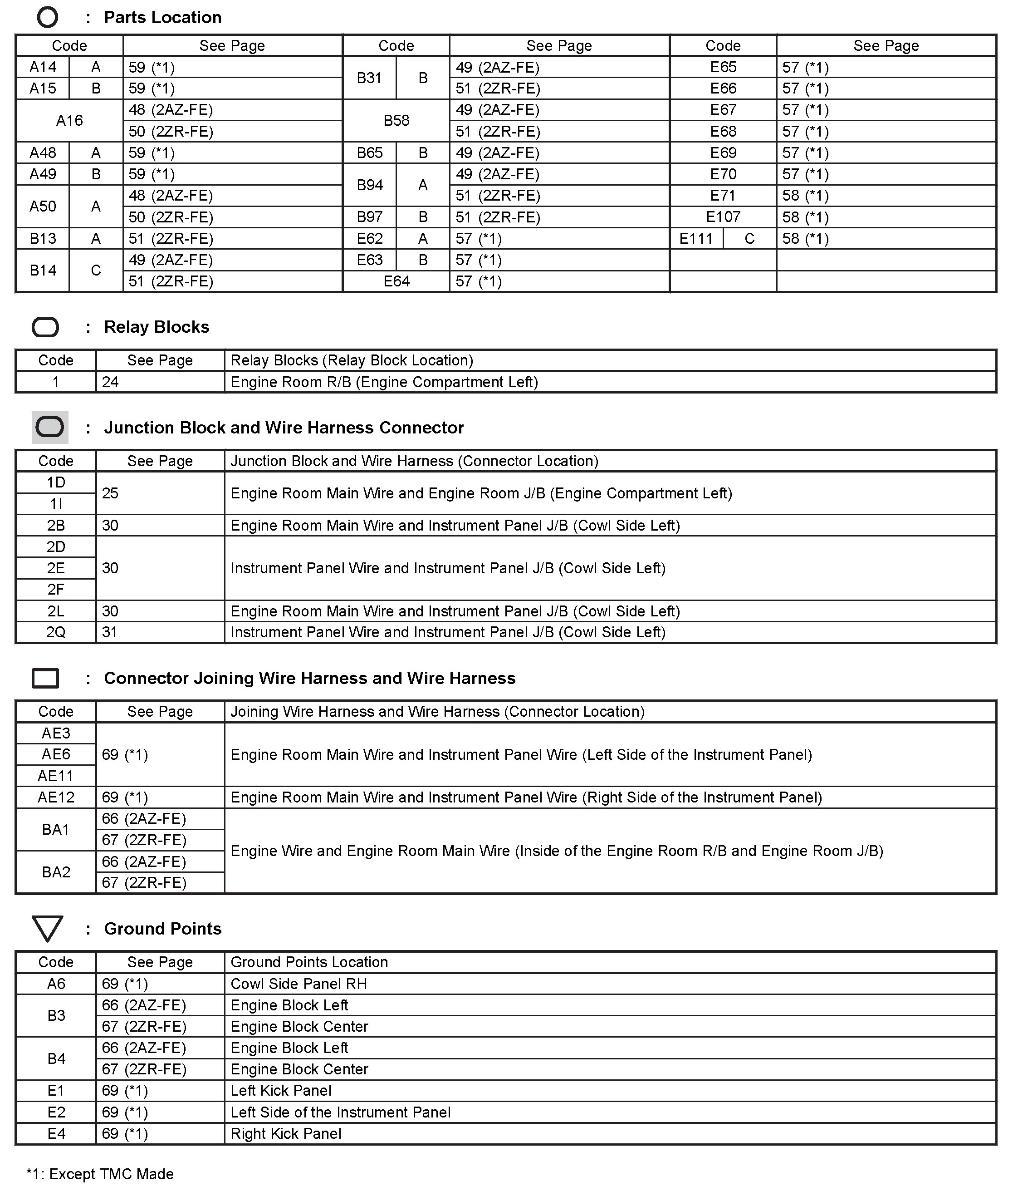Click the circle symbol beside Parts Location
[x=47, y=17]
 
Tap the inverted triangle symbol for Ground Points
[x=47, y=929]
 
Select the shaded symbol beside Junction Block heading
[x=50, y=428]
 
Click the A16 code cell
[x=69, y=121]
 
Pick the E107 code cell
[x=723, y=217]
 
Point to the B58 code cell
[x=396, y=121]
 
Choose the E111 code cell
[x=696, y=238]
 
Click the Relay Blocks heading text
[x=156, y=327]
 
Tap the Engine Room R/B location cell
[x=384, y=382]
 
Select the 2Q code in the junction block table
[x=56, y=632]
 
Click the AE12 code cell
[x=56, y=797]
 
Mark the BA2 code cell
[x=56, y=872]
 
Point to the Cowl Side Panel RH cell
[x=299, y=984]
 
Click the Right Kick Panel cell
[x=286, y=1133]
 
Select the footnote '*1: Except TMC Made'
[x=100, y=1174]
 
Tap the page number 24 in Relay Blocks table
[x=110, y=382]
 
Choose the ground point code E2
[x=56, y=1112]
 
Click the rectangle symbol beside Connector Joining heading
[x=45, y=679]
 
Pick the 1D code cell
[x=56, y=482]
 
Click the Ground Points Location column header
[x=309, y=962]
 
